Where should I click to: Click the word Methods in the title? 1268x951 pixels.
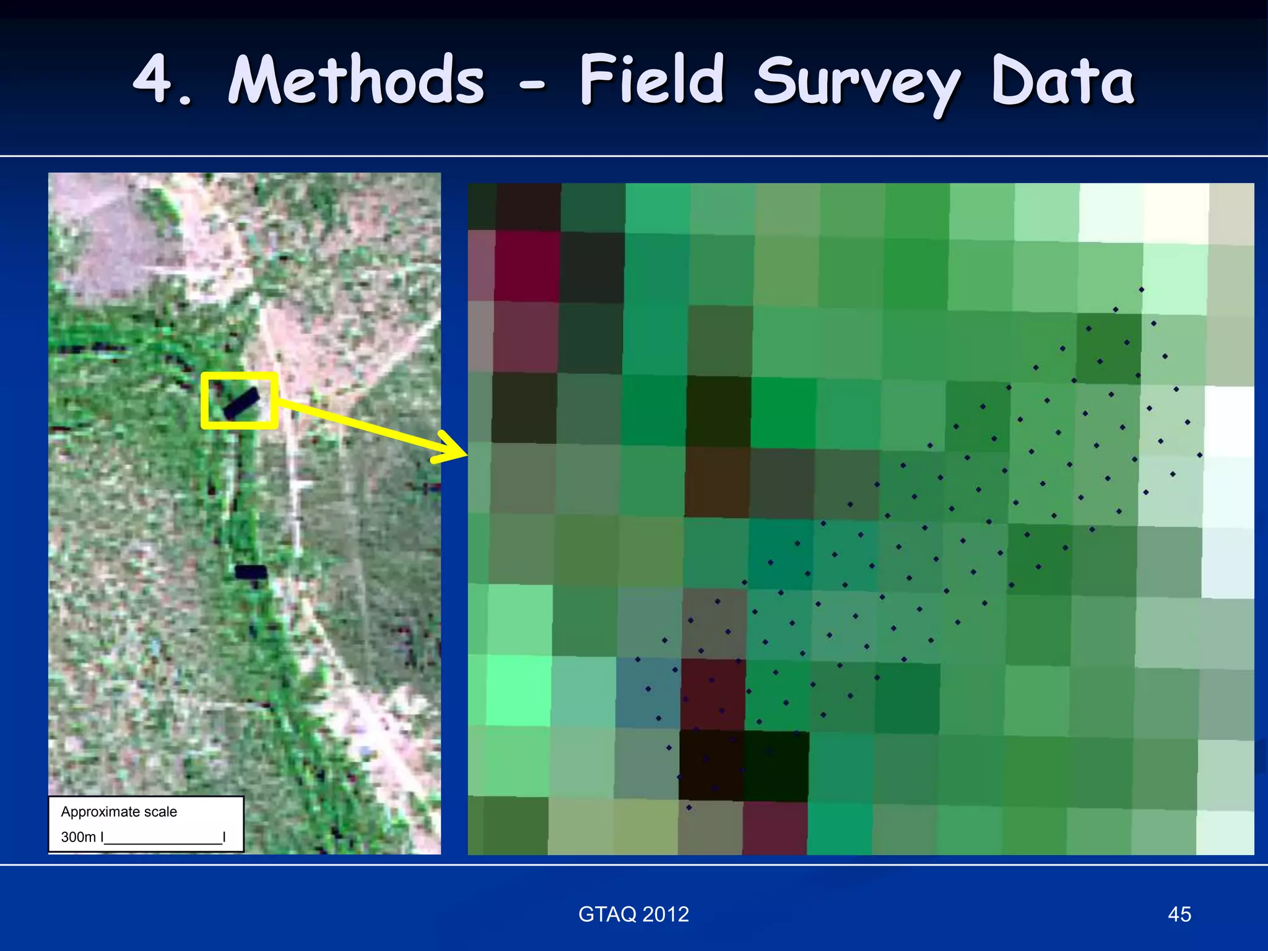click(356, 80)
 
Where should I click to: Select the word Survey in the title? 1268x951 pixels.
click(858, 84)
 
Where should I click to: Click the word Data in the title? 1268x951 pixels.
click(1063, 80)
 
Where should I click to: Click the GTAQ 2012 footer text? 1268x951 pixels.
click(633, 914)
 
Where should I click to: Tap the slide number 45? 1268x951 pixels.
click(1179, 914)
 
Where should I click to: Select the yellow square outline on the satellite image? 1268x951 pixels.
click(239, 375)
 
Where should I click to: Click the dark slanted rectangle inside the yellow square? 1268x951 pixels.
click(241, 402)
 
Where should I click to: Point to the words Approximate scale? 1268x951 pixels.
click(119, 812)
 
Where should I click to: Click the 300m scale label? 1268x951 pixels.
click(78, 837)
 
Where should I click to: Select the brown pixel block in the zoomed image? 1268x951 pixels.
click(717, 482)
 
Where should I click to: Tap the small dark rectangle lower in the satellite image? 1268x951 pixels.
click(251, 571)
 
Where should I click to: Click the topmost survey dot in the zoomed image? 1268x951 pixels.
click(1141, 289)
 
